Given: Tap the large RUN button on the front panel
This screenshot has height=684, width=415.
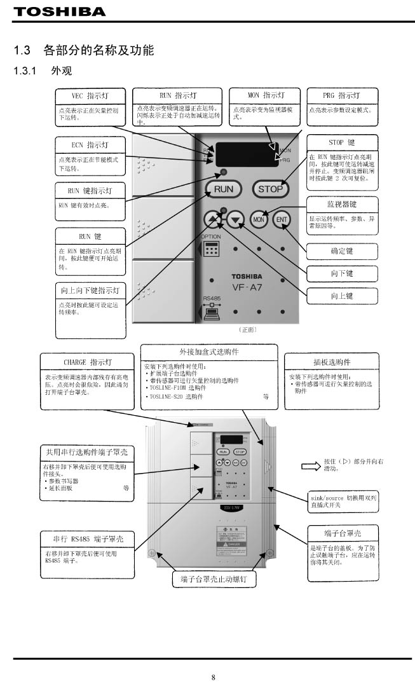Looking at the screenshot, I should click(x=223, y=189).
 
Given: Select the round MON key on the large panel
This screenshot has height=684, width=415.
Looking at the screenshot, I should click(x=259, y=220).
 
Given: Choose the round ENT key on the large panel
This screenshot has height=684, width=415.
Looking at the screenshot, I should click(x=281, y=220).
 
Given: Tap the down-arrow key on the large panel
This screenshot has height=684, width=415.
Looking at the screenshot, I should click(x=236, y=220).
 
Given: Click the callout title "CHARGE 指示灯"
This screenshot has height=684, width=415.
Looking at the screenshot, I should click(x=88, y=362).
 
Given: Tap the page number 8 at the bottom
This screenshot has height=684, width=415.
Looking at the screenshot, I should click(x=213, y=677).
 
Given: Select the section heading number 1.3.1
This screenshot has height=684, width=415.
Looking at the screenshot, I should click(x=27, y=71).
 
